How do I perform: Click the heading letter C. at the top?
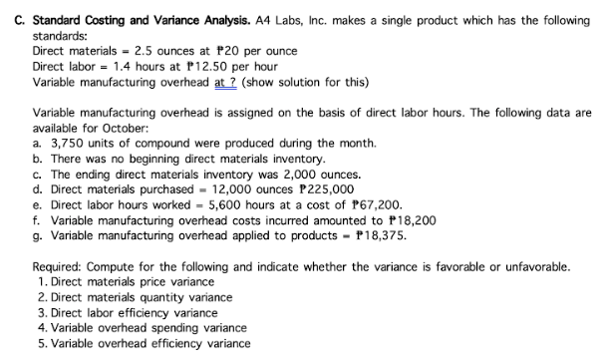pyautogui.click(x=13, y=11)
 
